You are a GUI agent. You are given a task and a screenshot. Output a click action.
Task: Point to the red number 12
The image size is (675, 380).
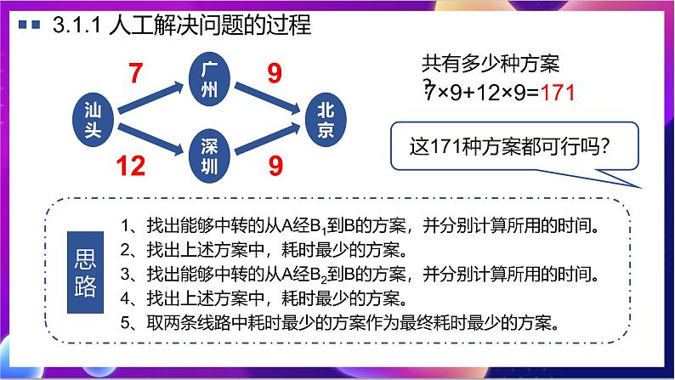pyautogui.click(x=130, y=166)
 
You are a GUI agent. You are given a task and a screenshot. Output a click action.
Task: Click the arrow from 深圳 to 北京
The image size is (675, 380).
pyautogui.click(x=269, y=140)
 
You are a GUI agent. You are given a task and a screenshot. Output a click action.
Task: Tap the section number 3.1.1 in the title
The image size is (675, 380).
pyautogui.click(x=77, y=26)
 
